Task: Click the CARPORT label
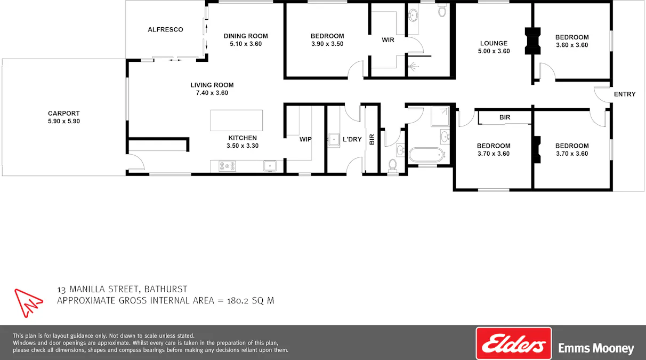(x=63, y=113)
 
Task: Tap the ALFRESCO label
(x=165, y=29)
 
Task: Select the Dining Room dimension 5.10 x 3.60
(x=246, y=44)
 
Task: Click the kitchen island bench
(x=237, y=120)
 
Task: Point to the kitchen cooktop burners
(x=227, y=166)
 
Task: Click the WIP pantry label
(x=305, y=139)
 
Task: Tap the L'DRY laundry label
(x=352, y=139)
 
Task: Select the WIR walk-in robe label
(x=388, y=39)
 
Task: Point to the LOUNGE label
(x=494, y=44)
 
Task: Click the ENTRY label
(x=625, y=94)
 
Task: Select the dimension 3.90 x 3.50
(x=327, y=44)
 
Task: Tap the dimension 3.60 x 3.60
(x=572, y=45)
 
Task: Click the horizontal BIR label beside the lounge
(x=505, y=117)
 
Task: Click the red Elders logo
(x=513, y=343)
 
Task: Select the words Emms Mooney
(x=596, y=348)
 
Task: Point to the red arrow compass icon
(x=28, y=302)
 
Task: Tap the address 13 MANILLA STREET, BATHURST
(x=122, y=289)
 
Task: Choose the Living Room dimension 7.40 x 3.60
(x=212, y=93)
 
